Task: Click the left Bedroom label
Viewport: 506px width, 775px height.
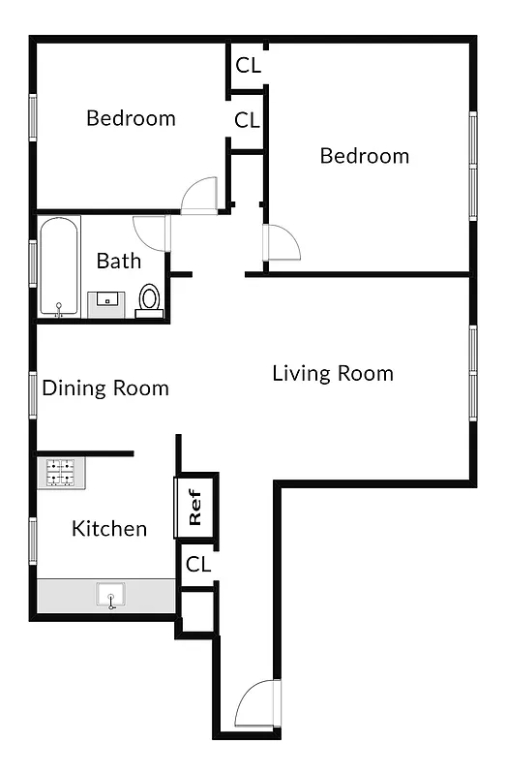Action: click(131, 118)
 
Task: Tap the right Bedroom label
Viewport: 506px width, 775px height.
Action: click(365, 156)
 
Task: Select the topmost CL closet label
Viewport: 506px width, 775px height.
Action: click(248, 66)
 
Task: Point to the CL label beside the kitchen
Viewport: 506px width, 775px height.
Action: click(198, 564)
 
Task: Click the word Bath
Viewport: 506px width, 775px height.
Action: click(119, 261)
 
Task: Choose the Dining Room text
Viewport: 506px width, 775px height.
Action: click(105, 388)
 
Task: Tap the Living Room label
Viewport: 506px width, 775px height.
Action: click(333, 373)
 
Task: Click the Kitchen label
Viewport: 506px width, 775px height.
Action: click(109, 528)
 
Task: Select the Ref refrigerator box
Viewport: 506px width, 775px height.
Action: click(194, 507)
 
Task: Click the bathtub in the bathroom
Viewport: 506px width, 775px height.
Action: click(60, 266)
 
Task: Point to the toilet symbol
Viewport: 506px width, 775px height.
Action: click(149, 298)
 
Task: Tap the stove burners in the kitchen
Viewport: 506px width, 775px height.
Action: click(63, 473)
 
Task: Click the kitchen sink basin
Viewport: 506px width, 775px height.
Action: click(111, 596)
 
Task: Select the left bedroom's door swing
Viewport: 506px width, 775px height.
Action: click(201, 195)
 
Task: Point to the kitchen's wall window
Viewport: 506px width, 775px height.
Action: click(33, 541)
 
